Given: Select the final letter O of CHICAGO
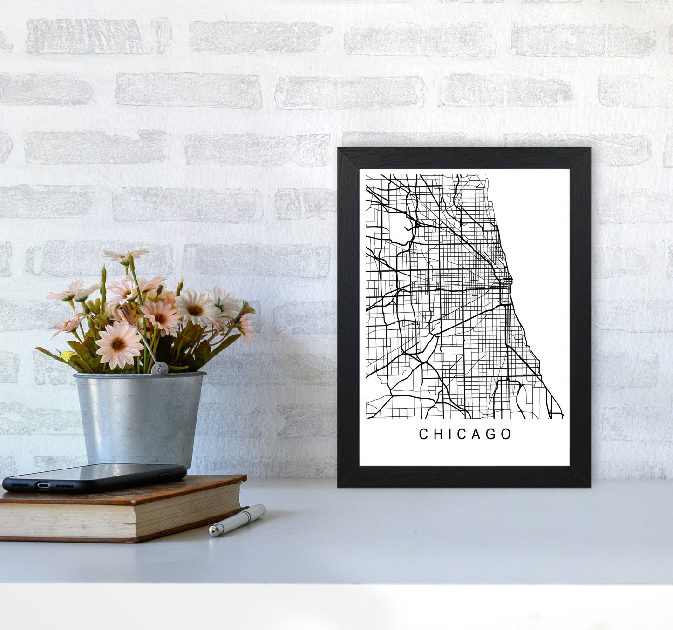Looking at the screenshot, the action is point(506,434).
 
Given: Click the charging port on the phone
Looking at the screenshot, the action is point(43,485).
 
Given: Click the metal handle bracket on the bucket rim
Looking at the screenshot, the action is point(159,369).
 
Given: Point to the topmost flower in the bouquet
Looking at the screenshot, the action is point(126,255).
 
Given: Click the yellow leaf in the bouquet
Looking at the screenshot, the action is point(68,356).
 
